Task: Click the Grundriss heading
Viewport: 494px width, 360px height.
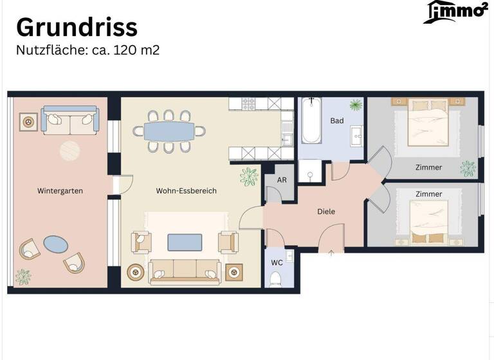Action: [77, 27]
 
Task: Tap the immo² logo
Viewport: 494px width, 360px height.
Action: [455, 12]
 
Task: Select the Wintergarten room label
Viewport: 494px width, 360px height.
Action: [60, 191]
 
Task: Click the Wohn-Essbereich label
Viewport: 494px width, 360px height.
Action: [186, 191]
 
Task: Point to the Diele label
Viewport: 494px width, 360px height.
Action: [326, 211]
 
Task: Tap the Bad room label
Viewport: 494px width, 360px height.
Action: [337, 121]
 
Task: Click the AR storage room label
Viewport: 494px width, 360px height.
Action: [282, 181]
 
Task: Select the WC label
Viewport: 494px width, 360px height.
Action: [276, 263]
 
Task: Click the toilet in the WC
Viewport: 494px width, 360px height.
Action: [276, 278]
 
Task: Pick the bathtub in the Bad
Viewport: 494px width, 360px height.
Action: [311, 121]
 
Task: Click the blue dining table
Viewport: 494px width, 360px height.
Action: [169, 131]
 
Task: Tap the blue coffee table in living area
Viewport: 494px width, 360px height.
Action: [185, 242]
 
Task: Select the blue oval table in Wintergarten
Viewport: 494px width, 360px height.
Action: [55, 244]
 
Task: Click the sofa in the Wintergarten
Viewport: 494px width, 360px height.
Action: [70, 120]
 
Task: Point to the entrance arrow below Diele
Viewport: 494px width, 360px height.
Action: [331, 253]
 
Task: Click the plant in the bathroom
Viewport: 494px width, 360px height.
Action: [356, 105]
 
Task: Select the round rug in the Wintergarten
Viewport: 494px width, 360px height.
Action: [70, 151]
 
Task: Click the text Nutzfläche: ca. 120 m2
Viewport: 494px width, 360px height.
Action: [87, 50]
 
